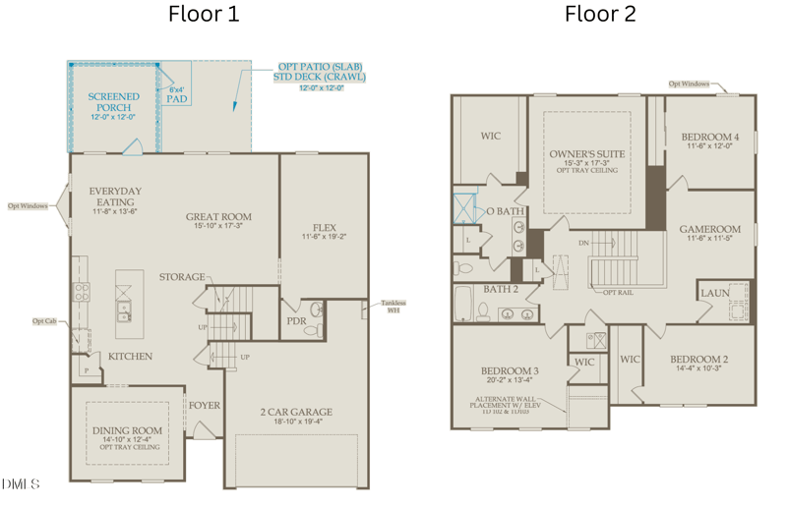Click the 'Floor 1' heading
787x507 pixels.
[204, 14]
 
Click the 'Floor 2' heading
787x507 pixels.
[599, 14]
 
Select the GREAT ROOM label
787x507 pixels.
[218, 217]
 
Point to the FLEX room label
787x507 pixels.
[325, 227]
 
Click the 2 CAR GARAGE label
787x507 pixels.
[296, 412]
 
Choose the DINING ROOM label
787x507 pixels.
[127, 430]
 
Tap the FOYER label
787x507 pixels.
[205, 405]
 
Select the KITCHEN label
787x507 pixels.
[130, 356]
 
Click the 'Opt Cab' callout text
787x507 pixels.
[44, 320]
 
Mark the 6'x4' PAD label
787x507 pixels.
[177, 94]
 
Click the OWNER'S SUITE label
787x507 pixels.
[587, 154]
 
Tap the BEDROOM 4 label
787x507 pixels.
[708, 137]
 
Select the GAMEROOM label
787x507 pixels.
[709, 229]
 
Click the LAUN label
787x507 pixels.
[713, 293]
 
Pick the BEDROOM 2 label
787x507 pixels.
[699, 359]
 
